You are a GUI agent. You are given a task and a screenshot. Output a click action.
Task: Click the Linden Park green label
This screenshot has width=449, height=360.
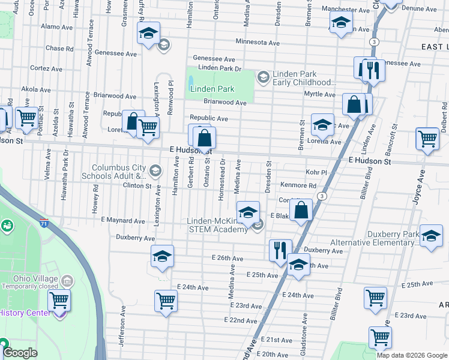[x=212, y=89]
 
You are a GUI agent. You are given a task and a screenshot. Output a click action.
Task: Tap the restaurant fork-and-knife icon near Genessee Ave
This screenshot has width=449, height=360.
[x=373, y=70]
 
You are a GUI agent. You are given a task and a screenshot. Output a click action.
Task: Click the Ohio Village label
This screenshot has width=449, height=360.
[x=36, y=279]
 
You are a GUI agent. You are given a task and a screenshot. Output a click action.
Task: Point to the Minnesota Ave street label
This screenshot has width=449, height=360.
[x=258, y=43]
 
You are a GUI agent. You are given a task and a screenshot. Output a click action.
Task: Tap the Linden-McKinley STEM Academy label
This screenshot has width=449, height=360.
[x=217, y=225]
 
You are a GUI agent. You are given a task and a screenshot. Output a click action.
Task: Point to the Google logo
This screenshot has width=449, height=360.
[x=20, y=353]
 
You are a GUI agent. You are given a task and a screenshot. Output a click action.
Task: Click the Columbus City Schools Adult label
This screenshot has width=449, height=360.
[x=119, y=172]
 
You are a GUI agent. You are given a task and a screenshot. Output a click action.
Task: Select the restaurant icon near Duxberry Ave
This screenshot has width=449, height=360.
[x=280, y=250]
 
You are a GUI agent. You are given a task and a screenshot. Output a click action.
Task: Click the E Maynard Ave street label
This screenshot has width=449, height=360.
[x=123, y=221]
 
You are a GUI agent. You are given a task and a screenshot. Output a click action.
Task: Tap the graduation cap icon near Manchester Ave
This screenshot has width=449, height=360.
[x=340, y=24]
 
